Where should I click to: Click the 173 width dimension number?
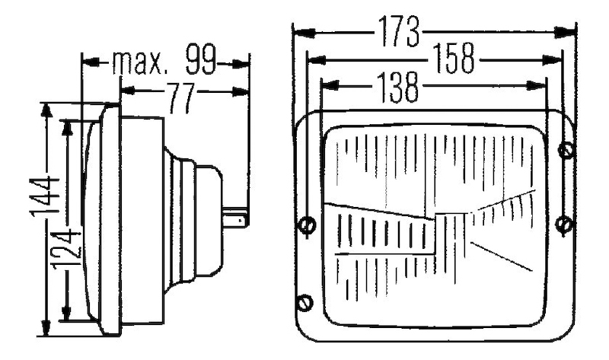click(398, 31)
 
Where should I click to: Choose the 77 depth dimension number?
click(181, 99)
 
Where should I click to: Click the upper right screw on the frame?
click(565, 150)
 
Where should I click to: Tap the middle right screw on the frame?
click(563, 224)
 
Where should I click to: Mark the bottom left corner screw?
click(306, 302)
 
